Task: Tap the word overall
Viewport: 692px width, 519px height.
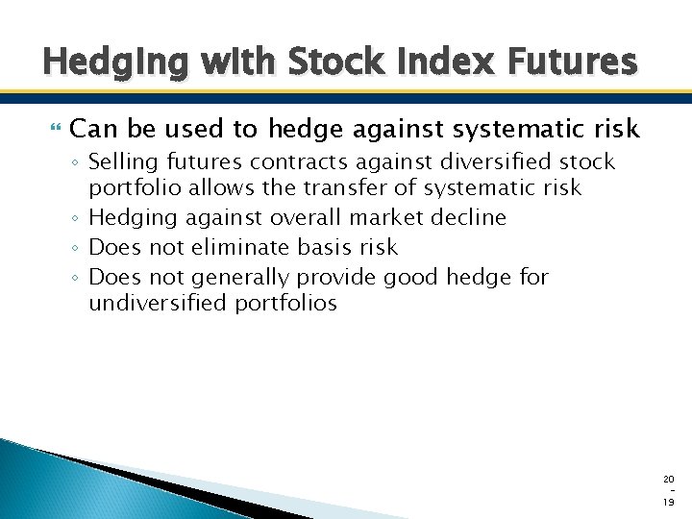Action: pyautogui.click(x=306, y=217)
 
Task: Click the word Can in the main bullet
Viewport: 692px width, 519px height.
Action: pyautogui.click(x=91, y=128)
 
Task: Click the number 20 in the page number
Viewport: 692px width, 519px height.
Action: pyautogui.click(x=668, y=479)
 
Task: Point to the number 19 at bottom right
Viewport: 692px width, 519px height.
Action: pyautogui.click(x=668, y=503)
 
